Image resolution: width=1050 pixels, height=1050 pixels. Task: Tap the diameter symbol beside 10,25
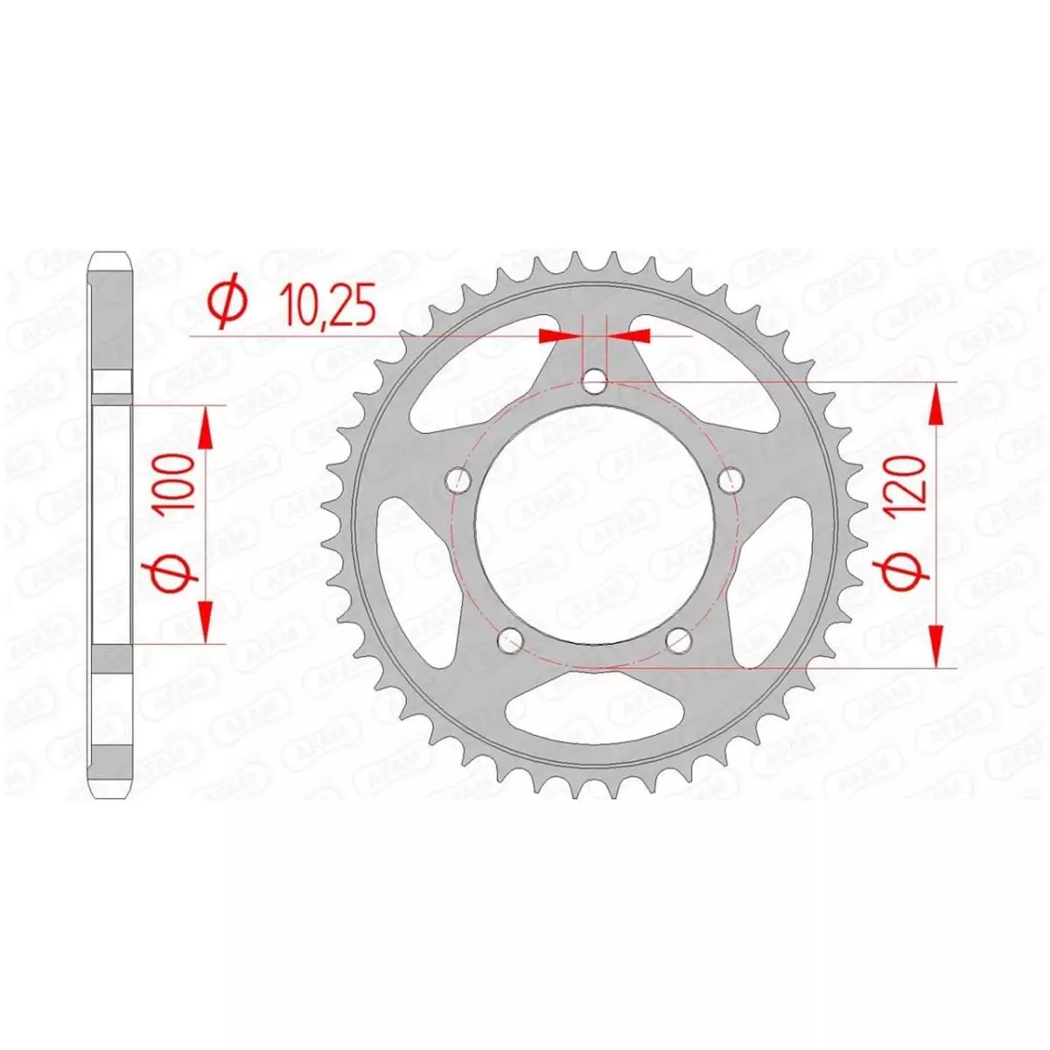click(x=227, y=305)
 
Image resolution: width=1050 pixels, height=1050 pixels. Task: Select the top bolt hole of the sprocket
click(x=595, y=381)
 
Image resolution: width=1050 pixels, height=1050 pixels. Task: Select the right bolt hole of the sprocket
click(x=731, y=480)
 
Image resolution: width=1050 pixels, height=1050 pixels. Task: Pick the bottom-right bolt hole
click(x=679, y=640)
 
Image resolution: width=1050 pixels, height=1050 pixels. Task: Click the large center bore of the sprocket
click(x=595, y=525)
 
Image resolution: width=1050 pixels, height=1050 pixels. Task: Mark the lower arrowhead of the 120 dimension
click(x=936, y=647)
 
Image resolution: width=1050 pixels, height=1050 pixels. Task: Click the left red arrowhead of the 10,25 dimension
click(x=559, y=335)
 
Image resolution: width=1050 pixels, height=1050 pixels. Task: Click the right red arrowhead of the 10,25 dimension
click(x=631, y=335)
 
